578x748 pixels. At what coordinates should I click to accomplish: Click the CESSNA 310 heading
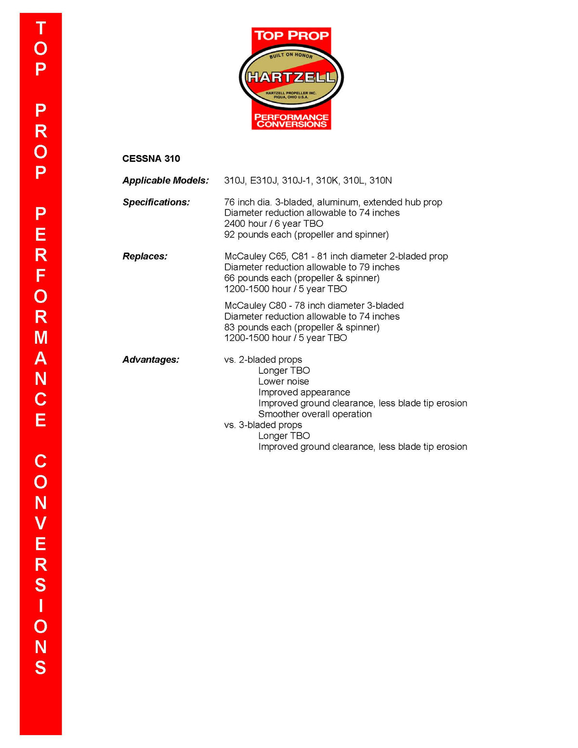[151, 158]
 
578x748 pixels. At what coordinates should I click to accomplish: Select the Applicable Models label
[166, 180]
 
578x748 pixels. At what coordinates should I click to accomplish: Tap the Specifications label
[156, 202]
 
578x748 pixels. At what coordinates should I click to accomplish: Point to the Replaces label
[145, 256]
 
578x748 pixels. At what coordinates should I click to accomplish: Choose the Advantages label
[151, 359]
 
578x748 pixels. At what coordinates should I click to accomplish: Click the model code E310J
[263, 180]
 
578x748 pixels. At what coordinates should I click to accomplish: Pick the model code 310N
[381, 180]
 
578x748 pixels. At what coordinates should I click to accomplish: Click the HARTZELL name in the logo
[291, 77]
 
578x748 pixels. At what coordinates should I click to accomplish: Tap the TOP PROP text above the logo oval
[291, 36]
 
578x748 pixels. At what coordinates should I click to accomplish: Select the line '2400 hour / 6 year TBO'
[274, 223]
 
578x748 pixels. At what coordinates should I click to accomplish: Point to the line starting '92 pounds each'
[306, 235]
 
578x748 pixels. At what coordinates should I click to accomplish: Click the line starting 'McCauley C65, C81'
[336, 256]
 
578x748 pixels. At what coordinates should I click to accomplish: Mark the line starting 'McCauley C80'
[314, 305]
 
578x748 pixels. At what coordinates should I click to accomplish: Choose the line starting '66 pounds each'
[302, 278]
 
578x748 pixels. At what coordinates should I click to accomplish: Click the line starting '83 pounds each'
[302, 327]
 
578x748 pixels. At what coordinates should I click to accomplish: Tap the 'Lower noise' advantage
[283, 381]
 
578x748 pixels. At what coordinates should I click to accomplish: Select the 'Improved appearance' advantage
[304, 392]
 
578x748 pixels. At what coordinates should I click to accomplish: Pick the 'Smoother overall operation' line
[315, 414]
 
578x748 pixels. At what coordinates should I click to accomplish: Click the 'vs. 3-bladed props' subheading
[263, 425]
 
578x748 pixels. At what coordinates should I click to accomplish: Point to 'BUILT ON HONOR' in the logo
[291, 55]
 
